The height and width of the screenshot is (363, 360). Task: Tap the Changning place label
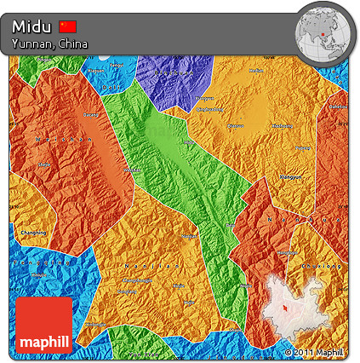(33, 232)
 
